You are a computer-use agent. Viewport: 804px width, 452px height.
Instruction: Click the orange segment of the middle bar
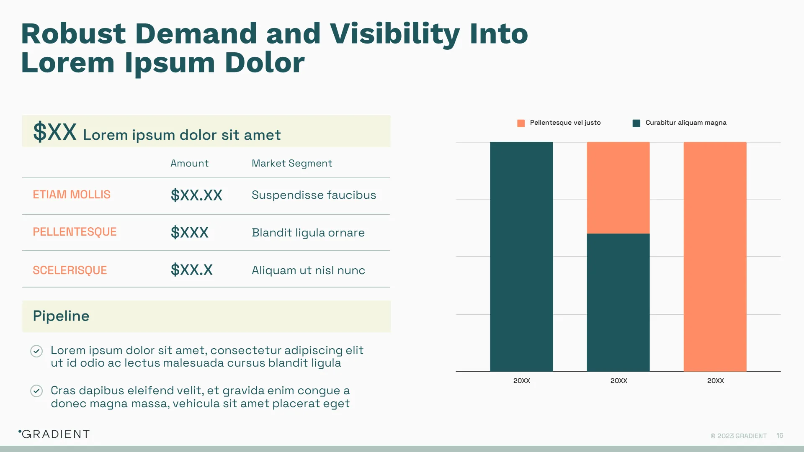click(x=618, y=187)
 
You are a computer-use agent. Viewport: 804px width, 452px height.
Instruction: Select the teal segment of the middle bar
click(x=618, y=302)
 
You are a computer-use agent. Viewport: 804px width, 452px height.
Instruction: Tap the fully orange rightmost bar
click(x=715, y=256)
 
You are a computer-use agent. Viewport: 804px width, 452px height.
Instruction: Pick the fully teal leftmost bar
click(x=521, y=256)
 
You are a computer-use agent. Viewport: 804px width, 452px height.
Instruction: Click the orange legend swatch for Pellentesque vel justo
click(x=521, y=123)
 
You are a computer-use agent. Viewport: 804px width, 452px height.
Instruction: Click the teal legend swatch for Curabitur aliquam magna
click(x=636, y=123)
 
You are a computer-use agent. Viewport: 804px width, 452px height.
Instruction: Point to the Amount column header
click(x=189, y=163)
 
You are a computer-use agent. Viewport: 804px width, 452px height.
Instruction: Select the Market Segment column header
click(x=291, y=163)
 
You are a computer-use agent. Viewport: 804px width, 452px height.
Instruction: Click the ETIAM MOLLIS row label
click(x=72, y=195)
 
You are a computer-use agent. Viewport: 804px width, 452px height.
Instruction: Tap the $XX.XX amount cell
click(x=196, y=195)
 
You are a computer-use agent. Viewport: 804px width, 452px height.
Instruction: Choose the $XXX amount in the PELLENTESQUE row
click(x=189, y=232)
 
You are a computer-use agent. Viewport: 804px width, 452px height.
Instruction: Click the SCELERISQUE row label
click(x=70, y=270)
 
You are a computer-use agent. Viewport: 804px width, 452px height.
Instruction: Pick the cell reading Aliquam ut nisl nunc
click(x=308, y=270)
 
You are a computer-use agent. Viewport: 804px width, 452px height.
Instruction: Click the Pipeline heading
click(x=61, y=316)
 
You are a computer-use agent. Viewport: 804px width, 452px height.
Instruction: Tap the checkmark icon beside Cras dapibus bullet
click(x=36, y=391)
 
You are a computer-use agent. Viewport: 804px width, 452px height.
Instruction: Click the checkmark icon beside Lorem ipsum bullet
click(x=36, y=351)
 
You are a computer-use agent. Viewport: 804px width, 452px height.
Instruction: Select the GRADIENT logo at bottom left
click(x=54, y=434)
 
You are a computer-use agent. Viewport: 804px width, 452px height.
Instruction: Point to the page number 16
click(x=779, y=436)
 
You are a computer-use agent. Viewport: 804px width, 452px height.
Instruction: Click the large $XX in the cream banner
click(x=55, y=132)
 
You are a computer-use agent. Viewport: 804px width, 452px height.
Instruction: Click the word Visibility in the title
click(x=394, y=34)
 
